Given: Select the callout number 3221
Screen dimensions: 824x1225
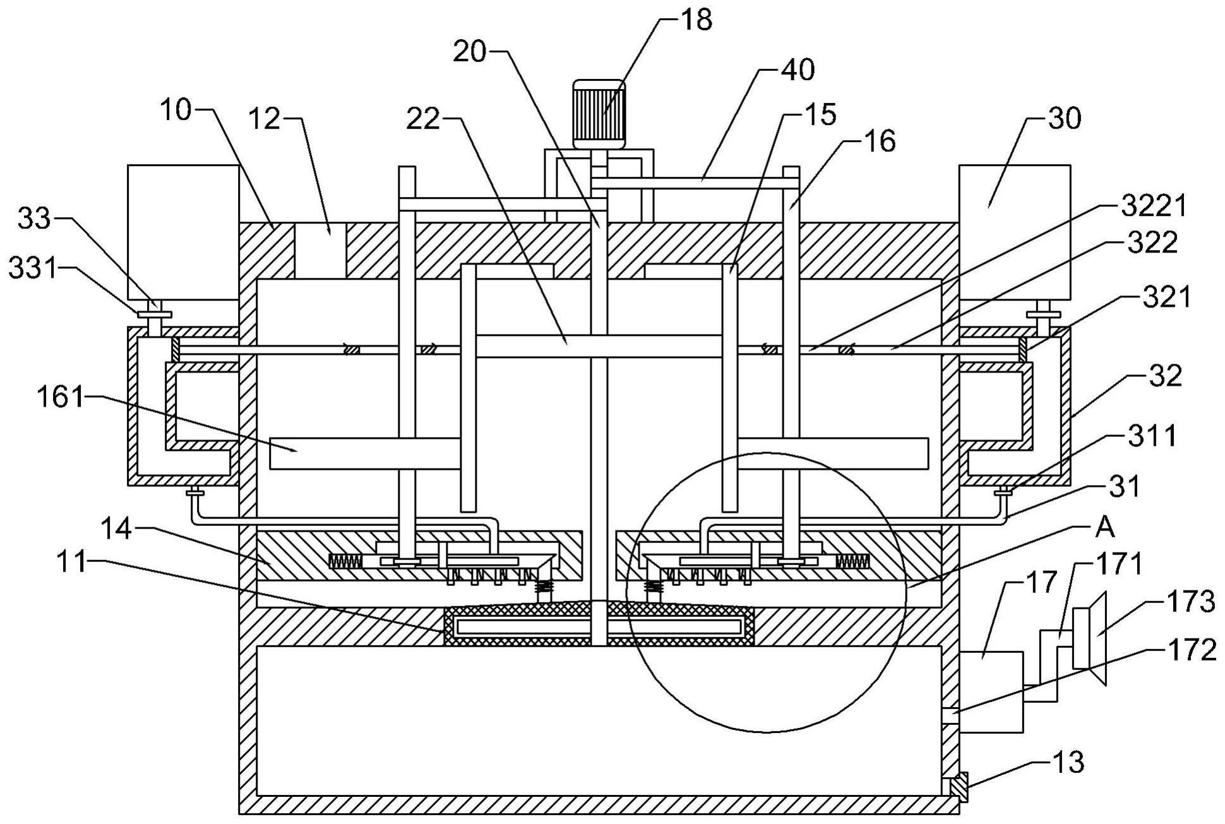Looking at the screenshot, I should pos(1154,206).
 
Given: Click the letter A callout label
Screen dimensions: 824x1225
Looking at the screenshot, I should pos(1105,527).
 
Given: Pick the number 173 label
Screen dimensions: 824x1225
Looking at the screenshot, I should pos(1190,602).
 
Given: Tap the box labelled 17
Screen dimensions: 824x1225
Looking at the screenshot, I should pos(991,691).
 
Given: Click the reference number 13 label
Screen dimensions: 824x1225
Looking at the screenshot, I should pos(1068,763).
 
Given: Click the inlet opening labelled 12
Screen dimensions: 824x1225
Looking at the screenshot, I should pos(320,250).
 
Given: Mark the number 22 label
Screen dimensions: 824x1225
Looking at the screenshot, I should pos(422,118).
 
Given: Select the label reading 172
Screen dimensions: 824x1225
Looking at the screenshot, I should pos(1191,650).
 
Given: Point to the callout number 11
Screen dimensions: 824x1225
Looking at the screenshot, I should pos(71,561).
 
